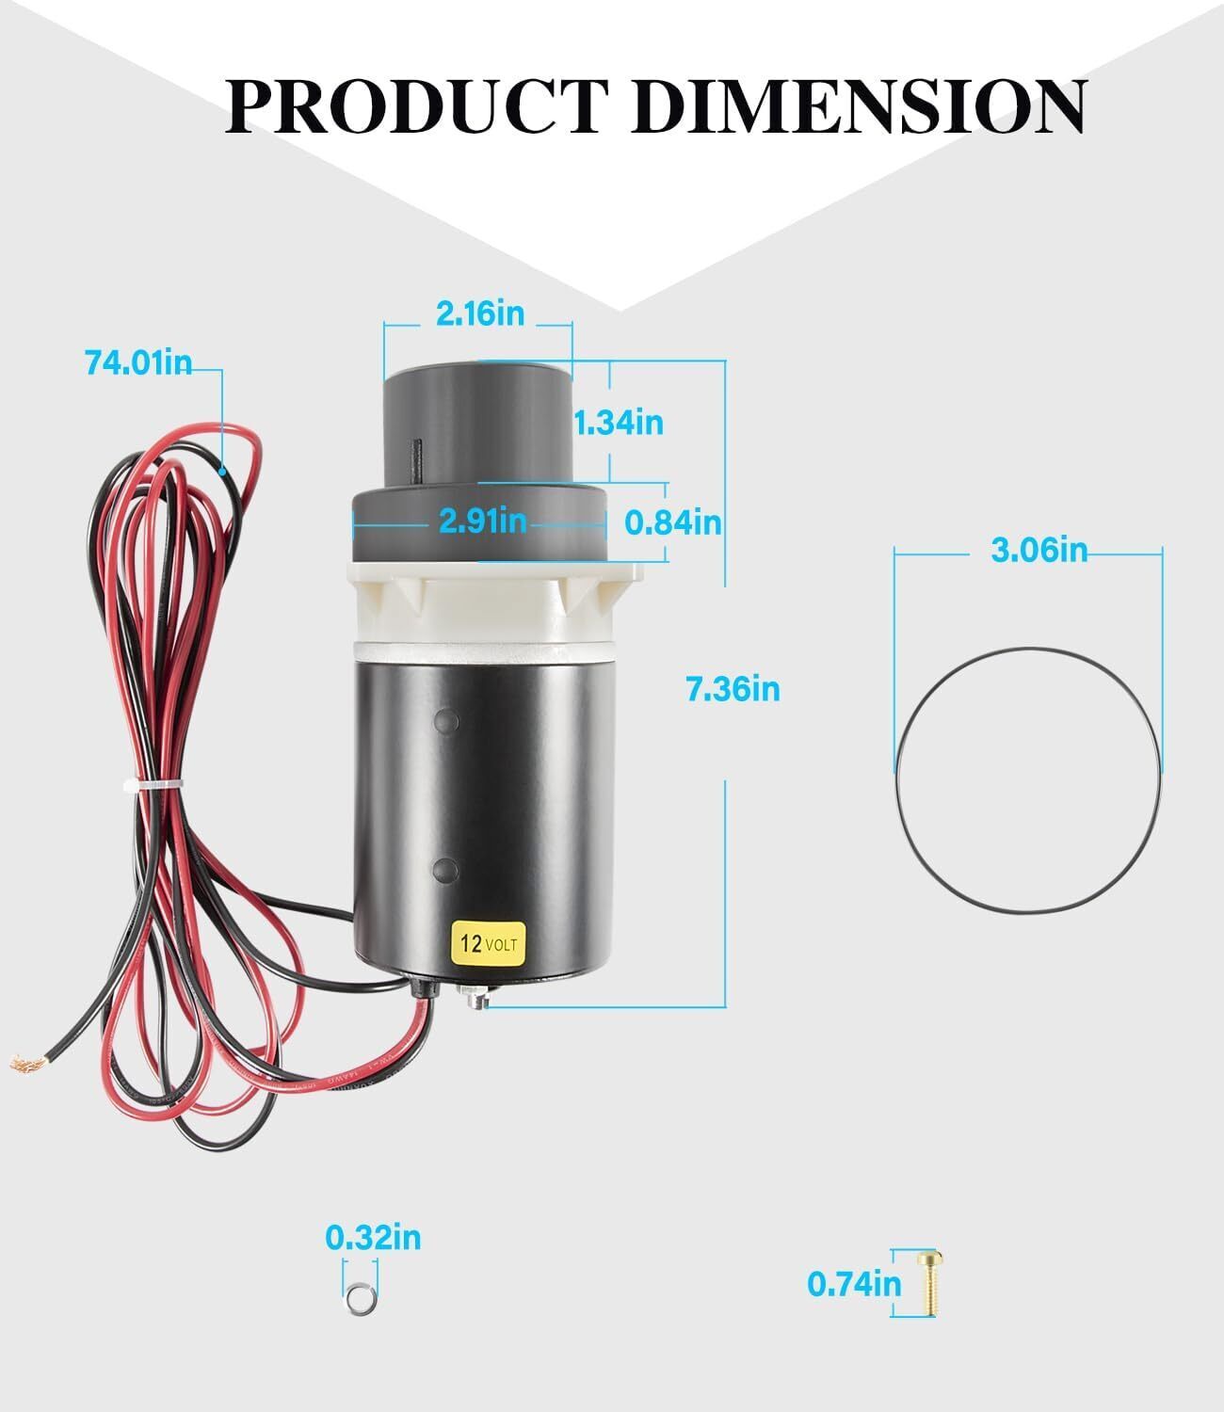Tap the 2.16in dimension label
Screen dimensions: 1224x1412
click(x=480, y=313)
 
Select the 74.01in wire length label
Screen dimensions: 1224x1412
click(x=138, y=362)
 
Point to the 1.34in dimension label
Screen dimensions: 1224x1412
click(x=619, y=423)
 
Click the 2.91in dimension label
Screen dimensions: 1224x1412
click(x=482, y=521)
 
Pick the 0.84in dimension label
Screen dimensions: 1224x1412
click(x=673, y=523)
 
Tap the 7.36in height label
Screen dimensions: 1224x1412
click(x=733, y=688)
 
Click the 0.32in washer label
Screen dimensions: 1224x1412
click(x=373, y=1238)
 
